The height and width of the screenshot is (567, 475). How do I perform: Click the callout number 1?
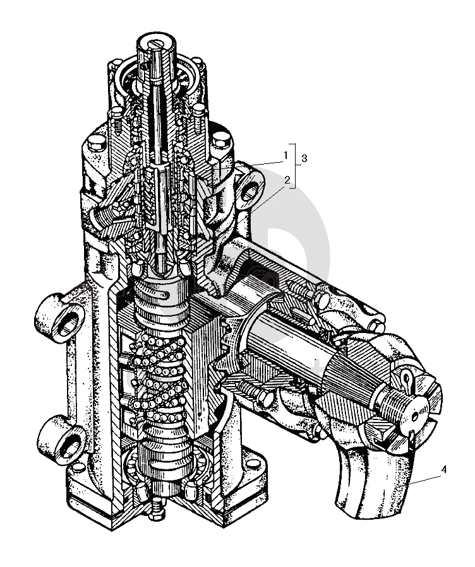tap(286, 156)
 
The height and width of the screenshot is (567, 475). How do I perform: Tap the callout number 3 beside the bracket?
tap(304, 158)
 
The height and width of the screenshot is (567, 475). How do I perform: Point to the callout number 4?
tap(444, 469)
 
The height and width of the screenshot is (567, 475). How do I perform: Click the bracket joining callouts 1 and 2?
tap(296, 166)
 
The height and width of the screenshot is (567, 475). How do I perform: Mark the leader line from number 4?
tap(426, 479)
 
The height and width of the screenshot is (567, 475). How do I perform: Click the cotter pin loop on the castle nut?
tap(407, 379)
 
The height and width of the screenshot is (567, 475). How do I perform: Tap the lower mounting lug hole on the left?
tap(69, 445)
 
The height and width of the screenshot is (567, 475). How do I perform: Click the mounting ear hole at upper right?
tap(250, 190)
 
